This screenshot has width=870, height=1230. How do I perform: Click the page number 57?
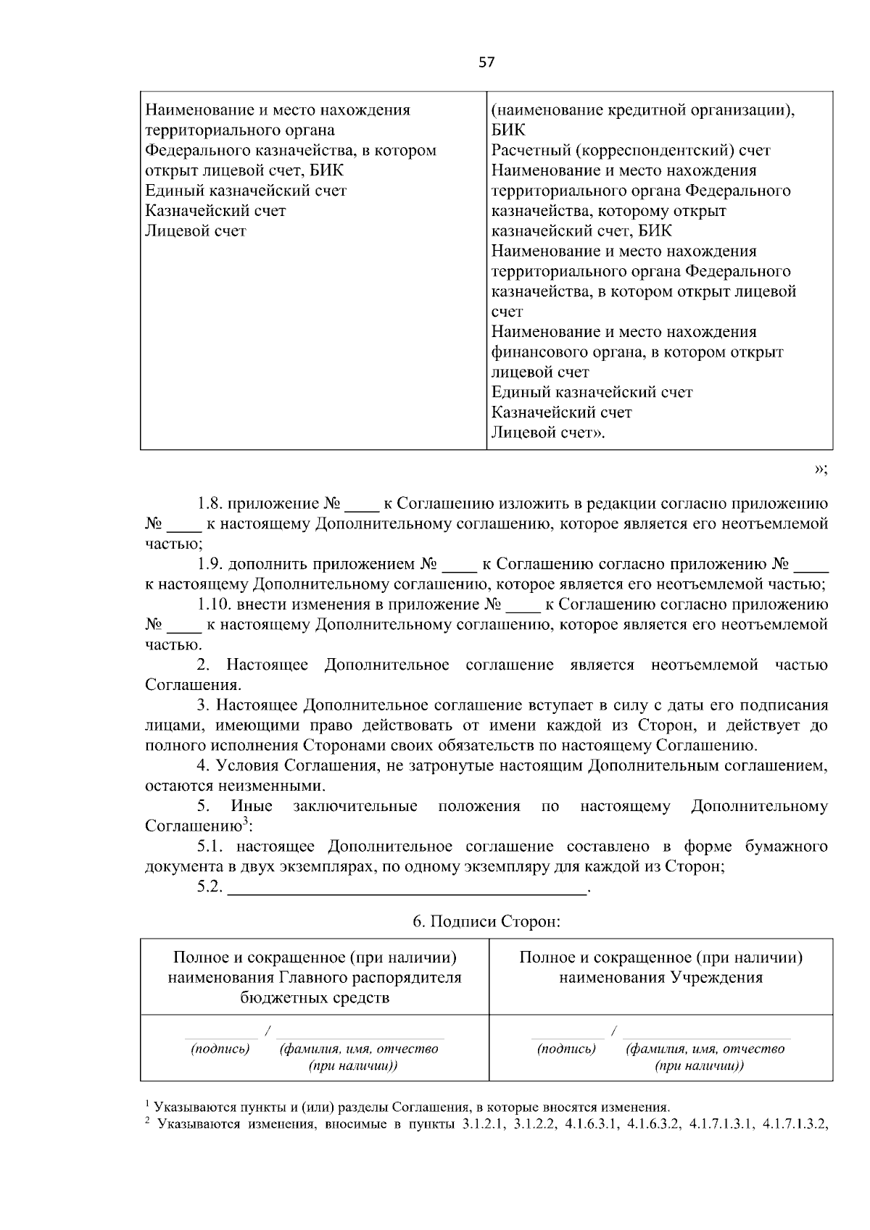(486, 62)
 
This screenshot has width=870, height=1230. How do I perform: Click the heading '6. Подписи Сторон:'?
(486, 921)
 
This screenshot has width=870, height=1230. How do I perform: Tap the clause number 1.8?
(210, 503)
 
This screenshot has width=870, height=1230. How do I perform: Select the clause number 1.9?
(210, 564)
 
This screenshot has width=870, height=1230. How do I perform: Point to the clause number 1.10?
(214, 604)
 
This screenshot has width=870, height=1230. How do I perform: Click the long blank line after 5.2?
(406, 889)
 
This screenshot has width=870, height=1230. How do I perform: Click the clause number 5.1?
(212, 847)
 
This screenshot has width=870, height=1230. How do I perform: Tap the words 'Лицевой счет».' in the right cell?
(548, 433)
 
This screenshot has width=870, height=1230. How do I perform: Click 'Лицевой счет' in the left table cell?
(196, 231)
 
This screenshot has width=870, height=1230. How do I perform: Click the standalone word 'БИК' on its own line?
(508, 130)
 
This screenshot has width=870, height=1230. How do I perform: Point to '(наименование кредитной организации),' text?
(644, 110)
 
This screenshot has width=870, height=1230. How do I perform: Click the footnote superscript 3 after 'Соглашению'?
(246, 821)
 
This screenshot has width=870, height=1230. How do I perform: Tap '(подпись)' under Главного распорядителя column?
(220, 1049)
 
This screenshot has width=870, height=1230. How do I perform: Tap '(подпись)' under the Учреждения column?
(567, 1049)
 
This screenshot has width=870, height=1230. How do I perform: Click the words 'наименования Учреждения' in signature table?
(660, 978)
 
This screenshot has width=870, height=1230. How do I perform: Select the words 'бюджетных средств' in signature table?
(315, 998)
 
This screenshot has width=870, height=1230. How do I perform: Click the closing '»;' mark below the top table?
(820, 469)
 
